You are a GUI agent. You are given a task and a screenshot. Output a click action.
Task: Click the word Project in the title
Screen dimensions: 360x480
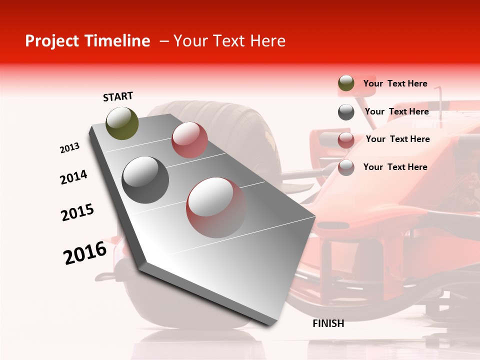pos(50,41)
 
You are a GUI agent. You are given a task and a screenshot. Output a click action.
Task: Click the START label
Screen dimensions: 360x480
pos(118,96)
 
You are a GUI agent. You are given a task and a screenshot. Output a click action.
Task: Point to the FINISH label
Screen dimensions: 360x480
pos(328,323)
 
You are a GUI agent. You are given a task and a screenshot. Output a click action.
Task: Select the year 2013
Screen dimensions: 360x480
pos(69,148)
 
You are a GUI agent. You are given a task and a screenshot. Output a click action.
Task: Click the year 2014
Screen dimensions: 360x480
pos(73,177)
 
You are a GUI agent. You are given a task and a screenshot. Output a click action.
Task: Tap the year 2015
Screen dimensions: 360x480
pos(77,212)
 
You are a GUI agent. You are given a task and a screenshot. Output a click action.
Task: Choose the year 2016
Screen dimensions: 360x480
pos(85,253)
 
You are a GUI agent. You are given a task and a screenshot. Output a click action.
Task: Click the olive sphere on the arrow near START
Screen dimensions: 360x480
pos(122,123)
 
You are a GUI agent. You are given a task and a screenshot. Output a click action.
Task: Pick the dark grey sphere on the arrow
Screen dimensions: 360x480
pos(145,179)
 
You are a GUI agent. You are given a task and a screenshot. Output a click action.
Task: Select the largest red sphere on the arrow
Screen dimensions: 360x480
pos(216,207)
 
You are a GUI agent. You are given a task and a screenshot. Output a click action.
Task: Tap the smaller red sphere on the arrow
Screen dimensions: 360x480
pos(189,140)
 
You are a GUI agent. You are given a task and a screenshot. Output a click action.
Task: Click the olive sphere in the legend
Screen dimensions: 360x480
pos(346,83)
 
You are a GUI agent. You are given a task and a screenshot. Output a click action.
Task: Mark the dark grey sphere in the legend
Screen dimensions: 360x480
pos(346,112)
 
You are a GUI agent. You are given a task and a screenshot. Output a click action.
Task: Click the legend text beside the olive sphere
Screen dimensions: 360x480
pos(395,83)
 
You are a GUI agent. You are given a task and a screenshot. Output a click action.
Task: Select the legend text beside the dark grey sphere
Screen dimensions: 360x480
pos(396,111)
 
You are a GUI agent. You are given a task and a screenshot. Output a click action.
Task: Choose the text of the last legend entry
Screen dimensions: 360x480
pos(395,167)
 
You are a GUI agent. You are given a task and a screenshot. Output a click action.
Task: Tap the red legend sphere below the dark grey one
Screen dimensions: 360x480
pos(346,140)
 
